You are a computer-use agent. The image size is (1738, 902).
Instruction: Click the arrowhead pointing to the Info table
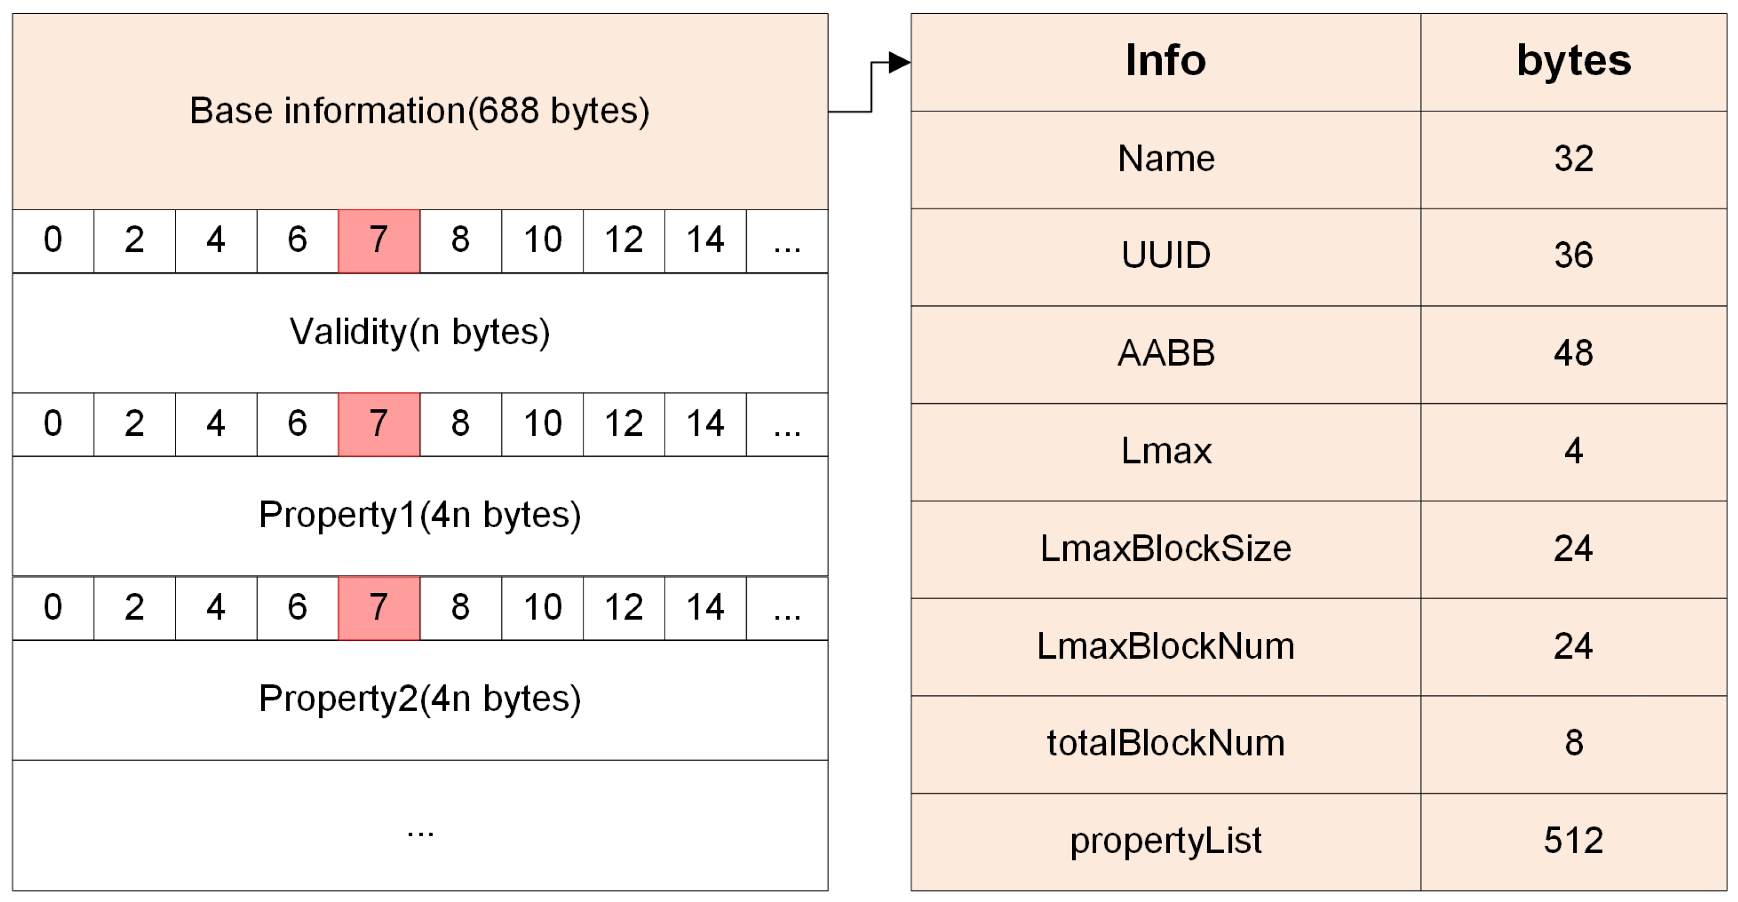point(899,63)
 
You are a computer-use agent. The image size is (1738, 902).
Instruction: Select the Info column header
point(1165,61)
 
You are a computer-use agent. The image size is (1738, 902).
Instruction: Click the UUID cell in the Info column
point(1165,255)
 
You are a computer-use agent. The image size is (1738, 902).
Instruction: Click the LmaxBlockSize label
point(1165,548)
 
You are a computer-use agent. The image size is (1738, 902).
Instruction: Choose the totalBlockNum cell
point(1165,743)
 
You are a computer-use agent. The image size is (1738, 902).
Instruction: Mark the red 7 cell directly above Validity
point(378,240)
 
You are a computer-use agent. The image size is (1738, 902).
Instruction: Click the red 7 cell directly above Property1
point(378,424)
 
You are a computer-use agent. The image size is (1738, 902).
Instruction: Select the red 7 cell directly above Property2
point(378,608)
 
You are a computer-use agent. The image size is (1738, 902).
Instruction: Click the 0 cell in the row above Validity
point(53,240)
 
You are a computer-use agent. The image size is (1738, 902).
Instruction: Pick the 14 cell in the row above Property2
point(705,608)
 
